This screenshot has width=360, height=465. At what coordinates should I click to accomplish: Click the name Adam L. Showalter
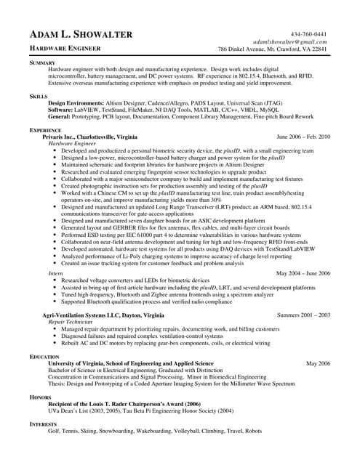[x=80, y=35]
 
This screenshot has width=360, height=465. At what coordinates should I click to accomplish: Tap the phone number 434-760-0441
[x=308, y=34]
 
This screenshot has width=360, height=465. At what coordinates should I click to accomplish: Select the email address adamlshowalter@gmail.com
[x=290, y=42]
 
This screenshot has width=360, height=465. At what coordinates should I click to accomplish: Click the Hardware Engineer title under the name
[x=65, y=48]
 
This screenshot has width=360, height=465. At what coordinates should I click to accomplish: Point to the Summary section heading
[x=42, y=63]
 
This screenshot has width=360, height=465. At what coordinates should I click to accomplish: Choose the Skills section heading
[x=39, y=96]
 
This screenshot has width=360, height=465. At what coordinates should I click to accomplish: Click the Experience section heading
[x=45, y=129]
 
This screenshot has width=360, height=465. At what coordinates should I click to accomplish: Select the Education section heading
[x=44, y=357]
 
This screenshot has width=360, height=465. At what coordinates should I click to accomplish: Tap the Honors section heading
[x=40, y=397]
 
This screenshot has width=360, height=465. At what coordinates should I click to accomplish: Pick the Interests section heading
[x=43, y=423]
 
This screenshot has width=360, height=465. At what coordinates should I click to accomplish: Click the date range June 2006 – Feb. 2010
[x=303, y=136]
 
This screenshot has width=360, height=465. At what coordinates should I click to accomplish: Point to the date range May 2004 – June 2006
[x=303, y=272]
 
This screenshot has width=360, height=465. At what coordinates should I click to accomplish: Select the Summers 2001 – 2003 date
[x=304, y=315]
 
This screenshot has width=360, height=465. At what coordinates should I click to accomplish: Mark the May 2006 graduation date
[x=318, y=363]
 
